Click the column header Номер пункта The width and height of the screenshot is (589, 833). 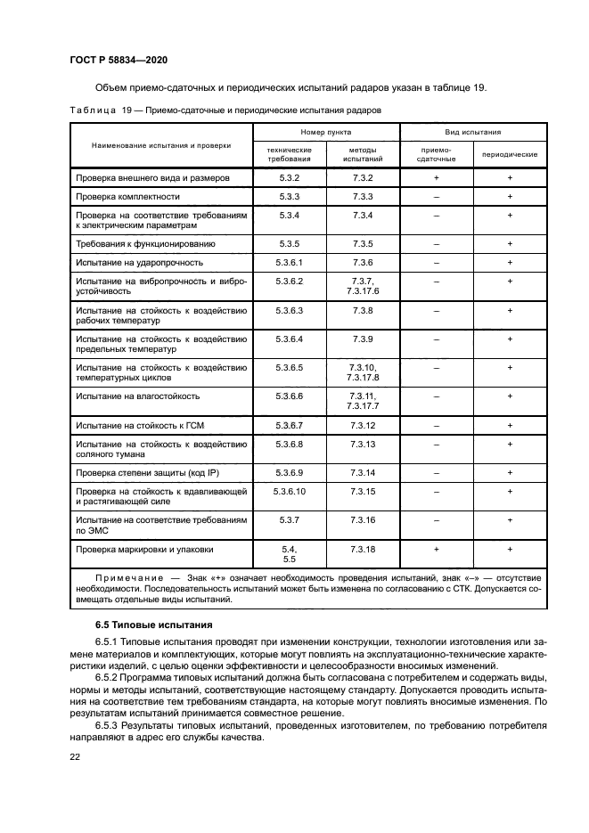tap(326, 130)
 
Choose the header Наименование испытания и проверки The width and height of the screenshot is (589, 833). tap(160, 144)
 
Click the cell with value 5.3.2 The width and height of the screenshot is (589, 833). tap(290, 178)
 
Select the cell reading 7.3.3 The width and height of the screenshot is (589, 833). tap(362, 196)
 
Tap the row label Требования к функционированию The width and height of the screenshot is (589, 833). tap(145, 243)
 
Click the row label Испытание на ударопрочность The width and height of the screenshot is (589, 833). tap(140, 263)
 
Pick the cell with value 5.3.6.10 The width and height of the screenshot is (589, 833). tap(290, 491)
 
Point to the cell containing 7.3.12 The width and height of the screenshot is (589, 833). tap(362, 425)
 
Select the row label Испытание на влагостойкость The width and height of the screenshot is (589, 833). tap(138, 396)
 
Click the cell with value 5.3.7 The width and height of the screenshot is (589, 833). tap(290, 519)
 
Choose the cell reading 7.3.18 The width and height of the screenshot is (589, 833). tap(362, 550)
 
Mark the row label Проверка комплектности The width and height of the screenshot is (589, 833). tap(128, 196)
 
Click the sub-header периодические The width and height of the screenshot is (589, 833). tap(510, 154)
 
